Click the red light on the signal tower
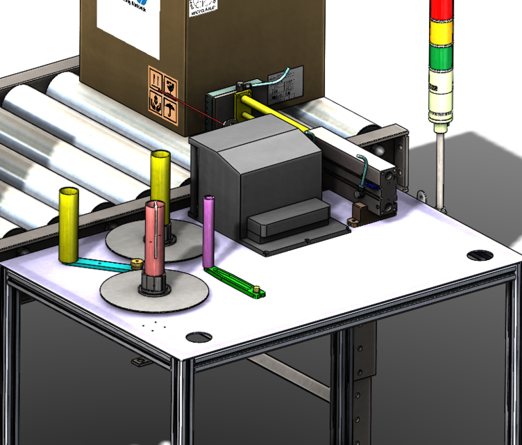440,10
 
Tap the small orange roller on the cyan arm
137,264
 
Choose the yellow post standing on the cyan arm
69,224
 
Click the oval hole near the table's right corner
478,255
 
